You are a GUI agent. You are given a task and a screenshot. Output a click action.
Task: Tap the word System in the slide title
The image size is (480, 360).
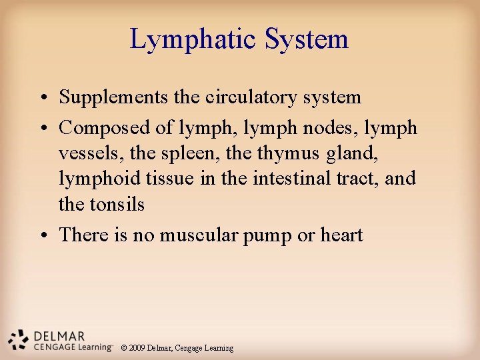(307, 39)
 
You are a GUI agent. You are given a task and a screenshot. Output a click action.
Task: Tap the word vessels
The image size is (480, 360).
(85, 153)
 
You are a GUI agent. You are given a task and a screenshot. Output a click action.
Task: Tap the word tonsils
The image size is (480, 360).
(120, 204)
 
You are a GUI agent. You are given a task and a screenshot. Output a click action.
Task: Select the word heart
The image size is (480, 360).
(341, 235)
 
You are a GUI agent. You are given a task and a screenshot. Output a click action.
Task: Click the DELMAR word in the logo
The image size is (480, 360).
(59, 335)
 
